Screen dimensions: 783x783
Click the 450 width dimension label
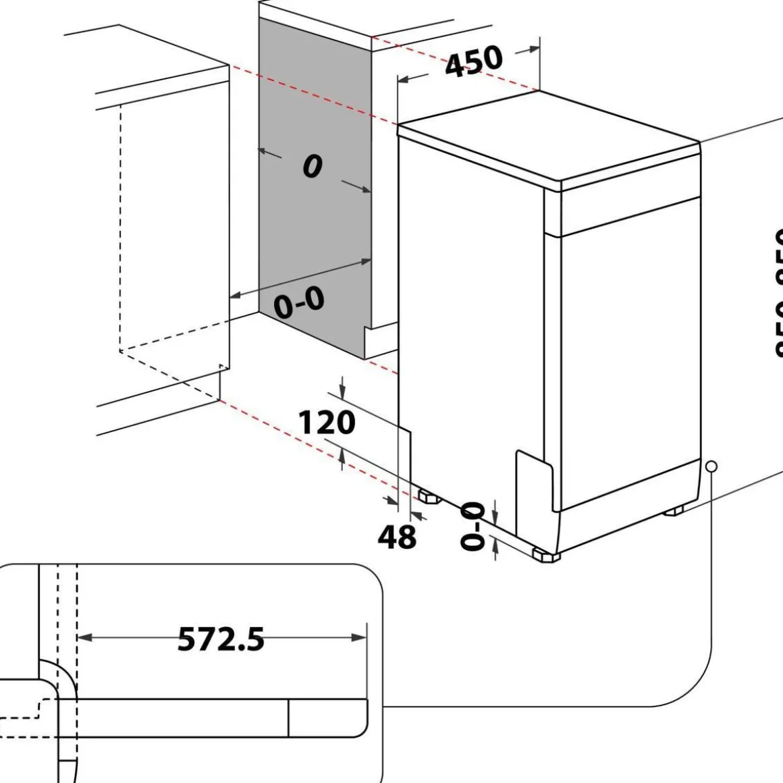[x=474, y=61]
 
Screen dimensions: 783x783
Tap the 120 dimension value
[x=327, y=423]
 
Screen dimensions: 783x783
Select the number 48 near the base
[x=396, y=537]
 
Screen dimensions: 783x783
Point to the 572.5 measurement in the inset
[x=221, y=639]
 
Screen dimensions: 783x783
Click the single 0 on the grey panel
[x=312, y=166]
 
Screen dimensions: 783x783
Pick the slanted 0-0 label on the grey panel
[x=299, y=302]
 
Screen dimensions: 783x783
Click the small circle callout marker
[x=711, y=466]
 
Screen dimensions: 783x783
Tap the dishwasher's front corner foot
[x=545, y=556]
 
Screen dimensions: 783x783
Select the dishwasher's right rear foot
[x=675, y=510]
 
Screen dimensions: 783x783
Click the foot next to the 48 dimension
[x=429, y=497]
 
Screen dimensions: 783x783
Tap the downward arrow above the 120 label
[x=343, y=391]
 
